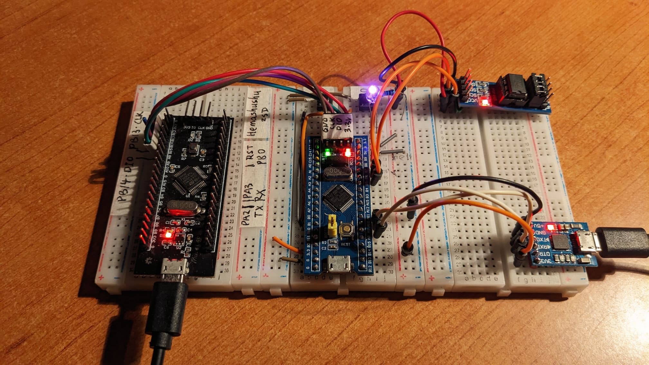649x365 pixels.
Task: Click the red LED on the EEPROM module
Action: (x=484, y=103)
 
